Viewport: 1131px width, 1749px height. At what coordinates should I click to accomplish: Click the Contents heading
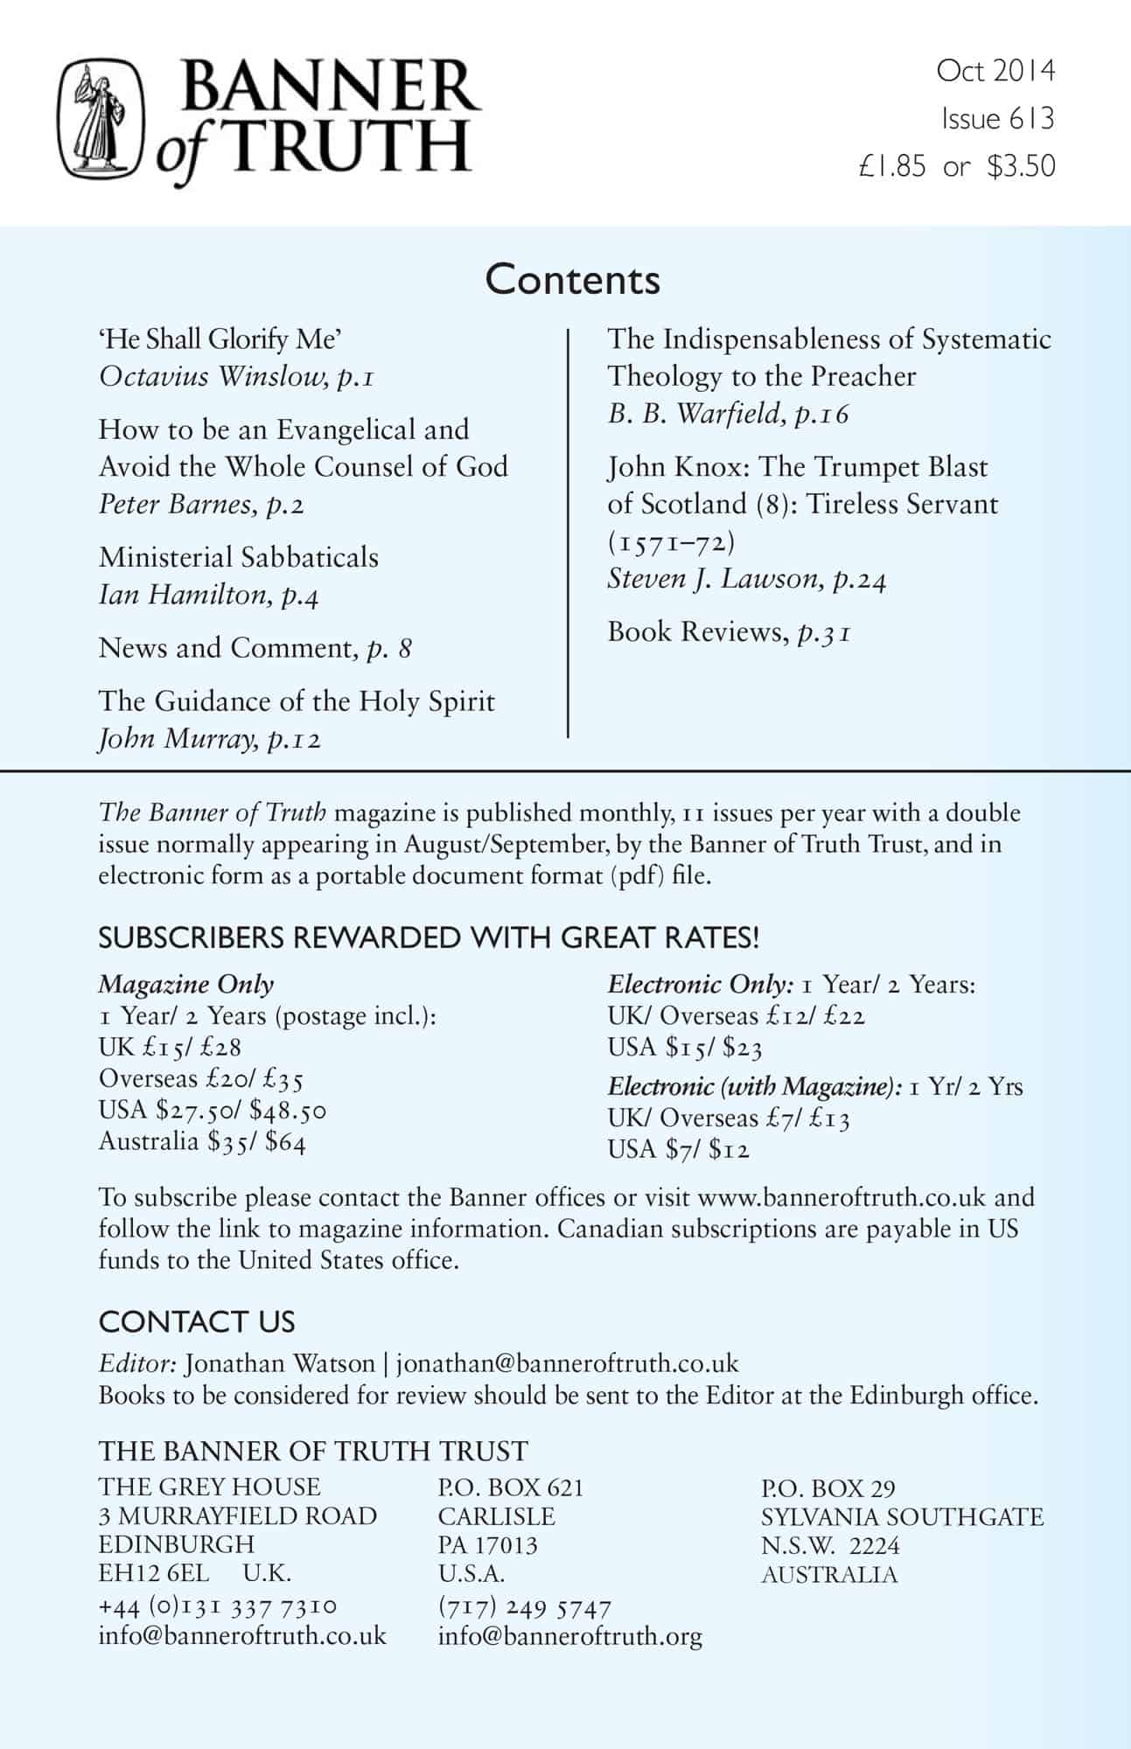tap(572, 280)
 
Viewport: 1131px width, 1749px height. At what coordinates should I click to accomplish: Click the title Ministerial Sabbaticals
tap(238, 557)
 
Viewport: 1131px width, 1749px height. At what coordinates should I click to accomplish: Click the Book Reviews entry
tap(697, 631)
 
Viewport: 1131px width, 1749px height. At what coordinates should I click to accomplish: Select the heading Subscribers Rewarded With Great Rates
tap(429, 937)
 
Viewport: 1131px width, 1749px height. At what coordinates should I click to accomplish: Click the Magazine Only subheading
tap(185, 984)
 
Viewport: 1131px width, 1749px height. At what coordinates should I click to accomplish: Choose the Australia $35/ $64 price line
tap(202, 1141)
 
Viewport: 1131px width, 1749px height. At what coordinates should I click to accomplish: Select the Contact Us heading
tap(197, 1321)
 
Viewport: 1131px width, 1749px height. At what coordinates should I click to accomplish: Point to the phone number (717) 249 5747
tap(524, 1607)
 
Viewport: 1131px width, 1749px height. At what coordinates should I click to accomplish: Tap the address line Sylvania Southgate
tap(902, 1516)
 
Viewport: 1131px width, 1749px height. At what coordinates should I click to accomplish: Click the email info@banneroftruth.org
tap(569, 1636)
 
